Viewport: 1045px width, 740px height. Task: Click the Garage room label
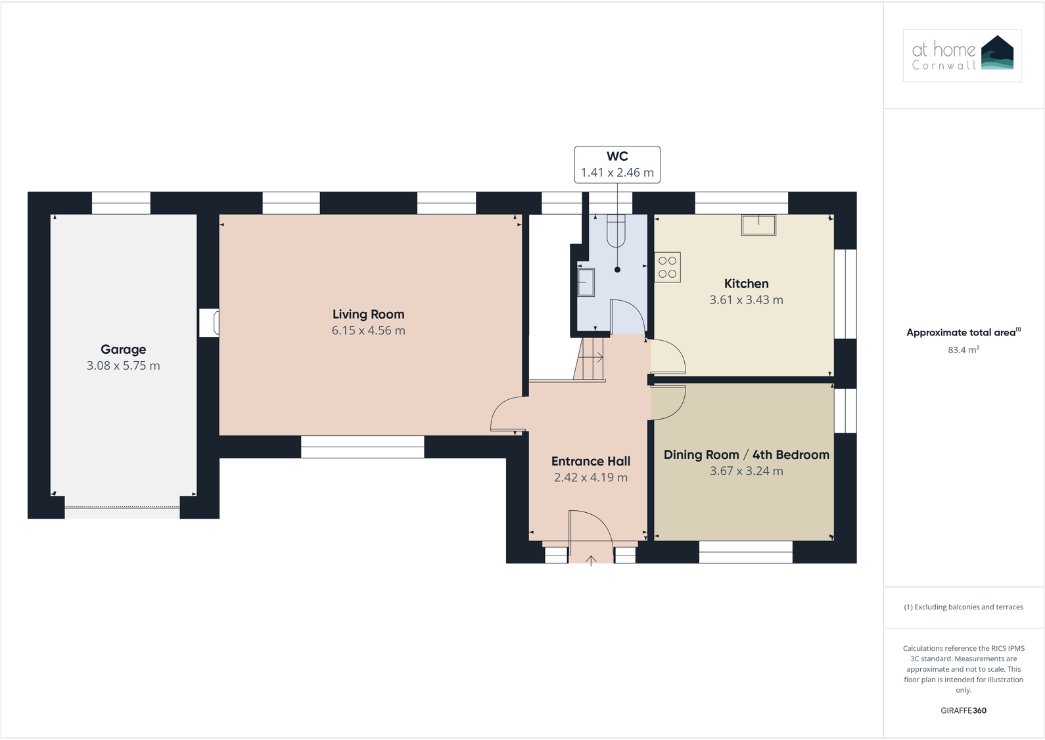tap(124, 349)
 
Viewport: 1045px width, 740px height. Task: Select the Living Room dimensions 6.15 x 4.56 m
tap(368, 331)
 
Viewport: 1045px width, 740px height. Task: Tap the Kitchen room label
tap(746, 284)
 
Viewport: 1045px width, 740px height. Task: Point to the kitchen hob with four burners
tap(667, 267)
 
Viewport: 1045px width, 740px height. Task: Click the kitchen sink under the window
tap(758, 225)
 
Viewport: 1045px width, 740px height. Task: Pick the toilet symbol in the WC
tap(616, 230)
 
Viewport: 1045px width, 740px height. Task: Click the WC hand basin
tap(585, 282)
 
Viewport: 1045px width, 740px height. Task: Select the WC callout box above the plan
tap(617, 164)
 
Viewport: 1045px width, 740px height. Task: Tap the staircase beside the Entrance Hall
tap(590, 359)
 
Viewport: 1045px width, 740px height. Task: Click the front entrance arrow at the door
tap(591, 560)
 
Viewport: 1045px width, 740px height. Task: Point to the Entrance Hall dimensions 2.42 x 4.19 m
tap(590, 478)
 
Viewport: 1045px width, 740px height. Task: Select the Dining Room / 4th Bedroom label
tap(746, 455)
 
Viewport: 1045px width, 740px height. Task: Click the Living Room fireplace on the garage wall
tap(210, 323)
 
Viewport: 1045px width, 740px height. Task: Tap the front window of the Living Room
tap(362, 447)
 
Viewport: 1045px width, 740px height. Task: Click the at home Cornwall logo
tap(962, 55)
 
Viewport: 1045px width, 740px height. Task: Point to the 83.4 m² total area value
tap(963, 351)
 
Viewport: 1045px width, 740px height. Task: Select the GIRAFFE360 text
tap(963, 710)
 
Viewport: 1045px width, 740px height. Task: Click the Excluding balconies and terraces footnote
tap(963, 607)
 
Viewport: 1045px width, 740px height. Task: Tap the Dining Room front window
tap(745, 552)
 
